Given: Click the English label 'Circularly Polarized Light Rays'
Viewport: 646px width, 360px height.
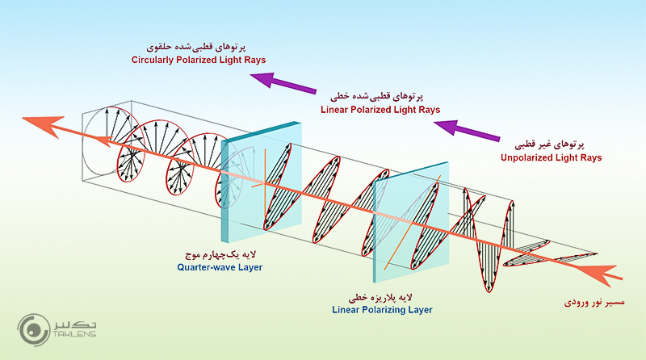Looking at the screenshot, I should click(199, 60).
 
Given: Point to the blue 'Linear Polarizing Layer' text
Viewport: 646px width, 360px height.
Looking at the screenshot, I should click(383, 309).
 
